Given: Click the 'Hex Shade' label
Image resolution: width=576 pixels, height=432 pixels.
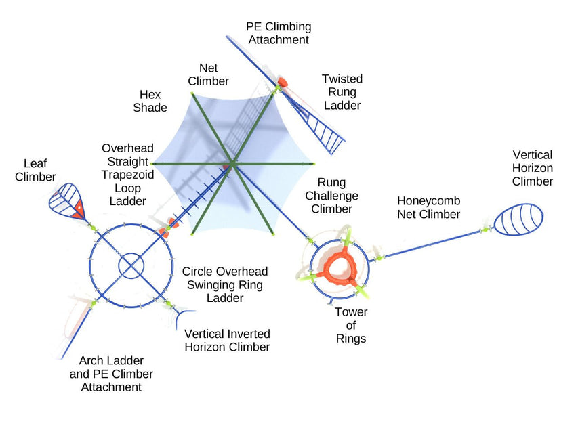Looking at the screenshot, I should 149,101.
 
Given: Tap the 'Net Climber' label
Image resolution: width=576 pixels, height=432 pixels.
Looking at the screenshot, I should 213,74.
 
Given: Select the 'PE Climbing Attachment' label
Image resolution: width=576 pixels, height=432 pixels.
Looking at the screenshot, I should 279,33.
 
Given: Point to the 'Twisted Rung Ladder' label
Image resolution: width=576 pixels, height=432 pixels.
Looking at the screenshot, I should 342,92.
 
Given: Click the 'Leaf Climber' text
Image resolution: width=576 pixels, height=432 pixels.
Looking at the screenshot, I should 39,170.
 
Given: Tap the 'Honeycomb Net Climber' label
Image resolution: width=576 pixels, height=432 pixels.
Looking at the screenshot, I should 428,207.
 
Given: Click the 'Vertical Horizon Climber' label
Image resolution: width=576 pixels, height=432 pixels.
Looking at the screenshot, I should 533,168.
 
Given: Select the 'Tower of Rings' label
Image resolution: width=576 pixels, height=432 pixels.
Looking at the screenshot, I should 351,325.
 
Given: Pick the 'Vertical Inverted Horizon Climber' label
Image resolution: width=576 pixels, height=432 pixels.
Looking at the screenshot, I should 227,341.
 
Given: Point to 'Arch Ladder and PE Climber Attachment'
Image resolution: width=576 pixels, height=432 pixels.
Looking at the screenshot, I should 111,374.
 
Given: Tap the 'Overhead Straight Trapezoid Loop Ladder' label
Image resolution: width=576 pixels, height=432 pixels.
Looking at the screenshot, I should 128,175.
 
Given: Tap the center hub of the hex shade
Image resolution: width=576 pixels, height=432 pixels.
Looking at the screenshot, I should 232,163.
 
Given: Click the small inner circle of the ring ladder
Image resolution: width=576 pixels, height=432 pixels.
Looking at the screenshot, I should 131,265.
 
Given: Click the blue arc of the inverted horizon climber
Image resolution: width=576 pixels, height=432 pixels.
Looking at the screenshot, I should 184,315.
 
